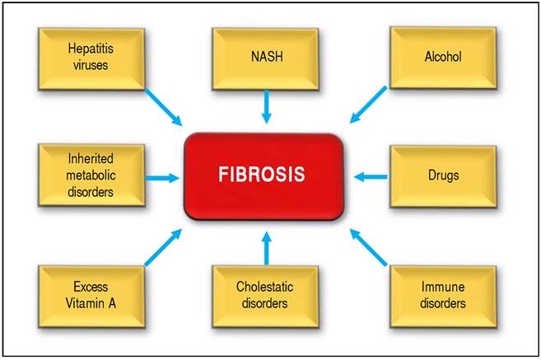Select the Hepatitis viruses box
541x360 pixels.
click(x=91, y=58)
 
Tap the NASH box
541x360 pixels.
click(x=265, y=58)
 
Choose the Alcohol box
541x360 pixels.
click(x=443, y=58)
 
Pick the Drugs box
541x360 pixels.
click(x=444, y=175)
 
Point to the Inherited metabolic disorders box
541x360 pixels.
click(x=91, y=175)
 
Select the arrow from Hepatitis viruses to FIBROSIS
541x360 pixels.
click(x=163, y=107)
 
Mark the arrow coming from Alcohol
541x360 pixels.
click(x=367, y=104)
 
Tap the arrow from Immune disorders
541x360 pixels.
click(x=368, y=247)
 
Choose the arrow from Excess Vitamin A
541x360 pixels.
click(x=164, y=247)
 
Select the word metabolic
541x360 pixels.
click(x=91, y=175)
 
